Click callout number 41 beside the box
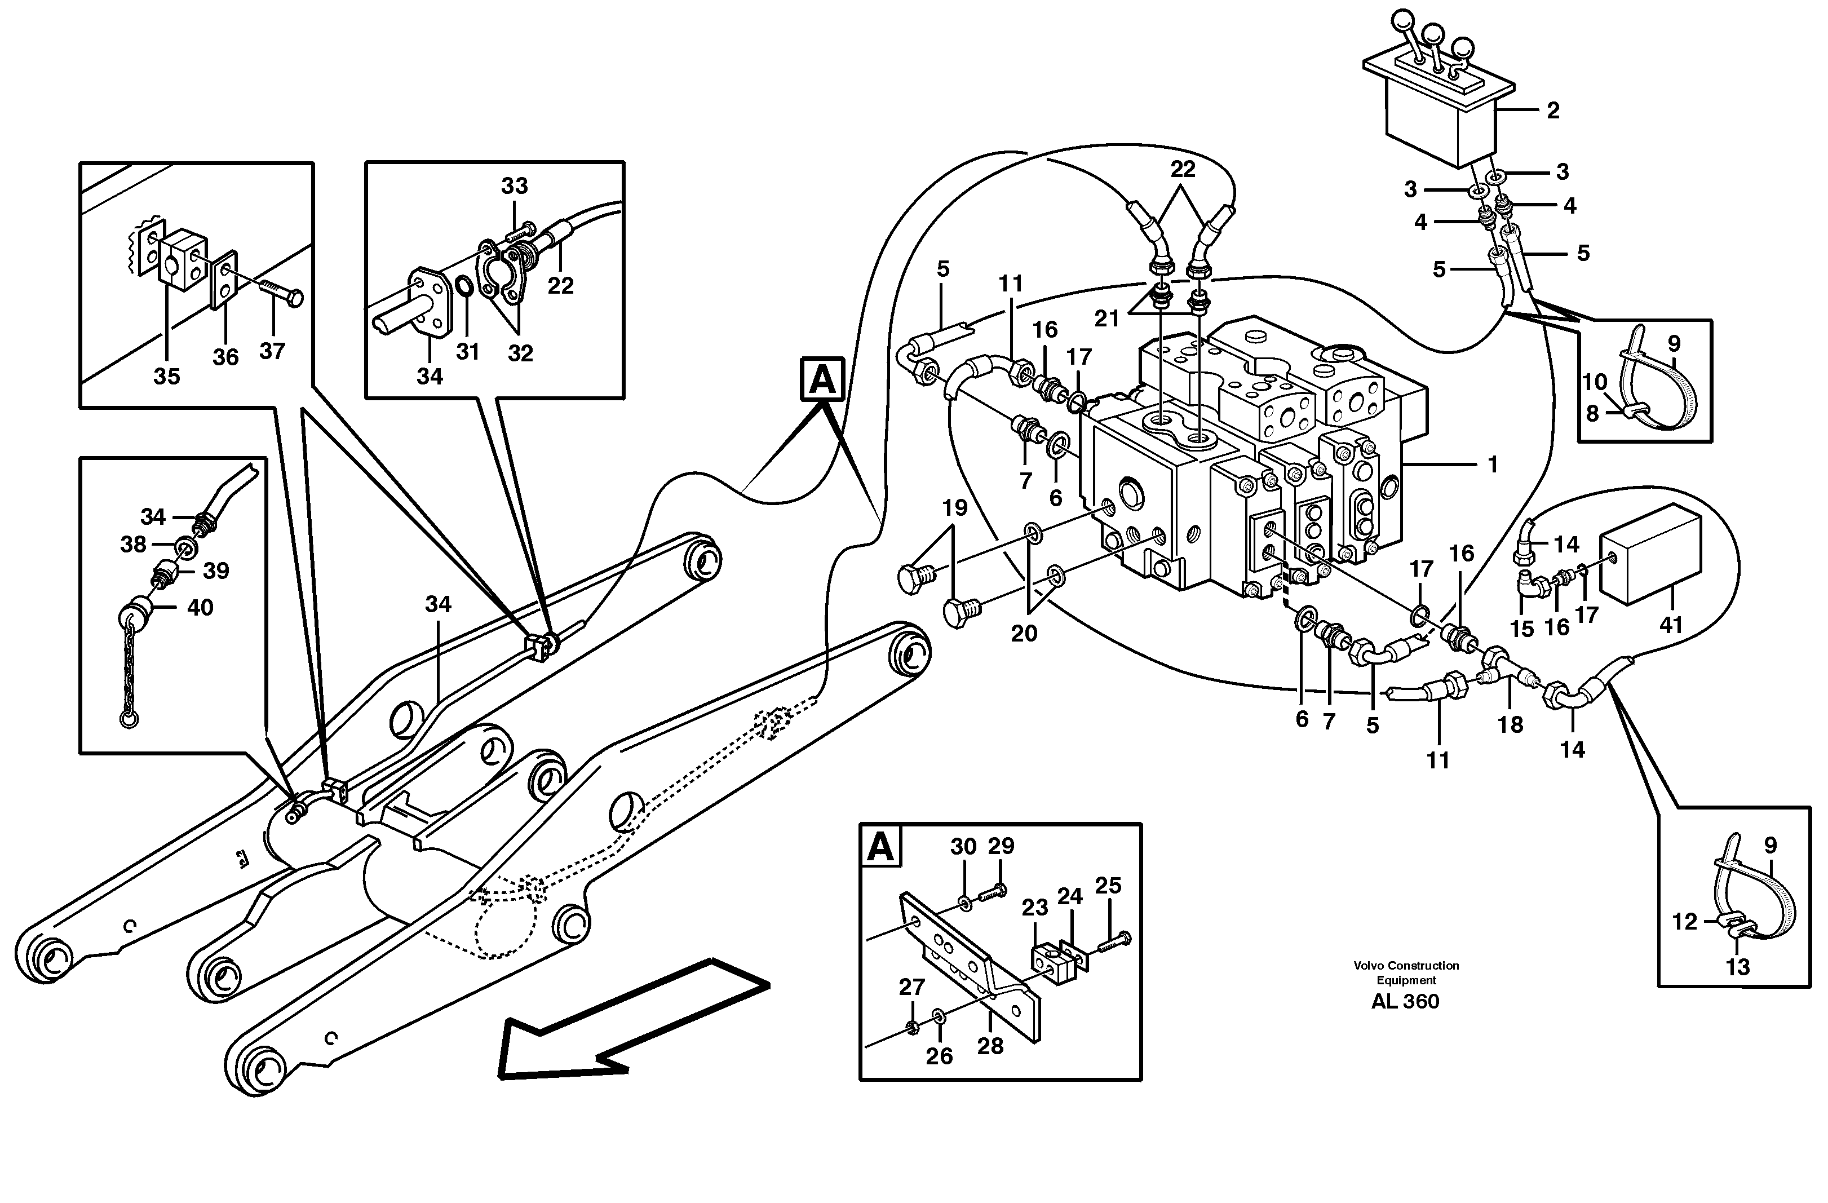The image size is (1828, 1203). point(1671,625)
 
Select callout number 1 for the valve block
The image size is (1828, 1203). point(1493,465)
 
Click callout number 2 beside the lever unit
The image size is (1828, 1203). point(1552,110)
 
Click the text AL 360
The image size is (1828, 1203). point(1405,1002)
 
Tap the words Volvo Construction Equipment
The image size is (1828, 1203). point(1406,972)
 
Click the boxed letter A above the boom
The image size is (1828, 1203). point(822,379)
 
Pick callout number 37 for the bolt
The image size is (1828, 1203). point(272,351)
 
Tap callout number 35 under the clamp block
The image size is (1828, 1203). point(167,377)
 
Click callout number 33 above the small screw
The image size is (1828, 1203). point(515,186)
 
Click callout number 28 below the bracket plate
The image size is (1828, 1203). point(990,1046)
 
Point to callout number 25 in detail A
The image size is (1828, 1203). point(1108,886)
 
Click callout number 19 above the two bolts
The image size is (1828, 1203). point(955,508)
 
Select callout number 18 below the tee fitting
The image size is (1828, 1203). point(1510,724)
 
